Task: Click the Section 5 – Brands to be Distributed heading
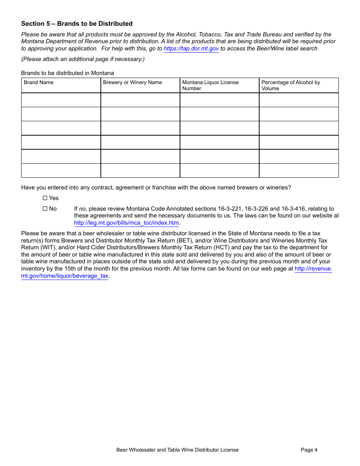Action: [77, 23]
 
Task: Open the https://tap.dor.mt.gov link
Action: [191, 48]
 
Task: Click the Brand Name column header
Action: [39, 83]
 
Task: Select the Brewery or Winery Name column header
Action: [132, 83]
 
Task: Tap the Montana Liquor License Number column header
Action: [210, 85]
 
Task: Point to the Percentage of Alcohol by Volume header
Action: [290, 85]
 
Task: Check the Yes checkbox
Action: [45, 198]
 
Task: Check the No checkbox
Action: [45, 209]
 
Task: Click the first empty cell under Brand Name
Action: [61, 100]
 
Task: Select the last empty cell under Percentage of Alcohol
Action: [299, 170]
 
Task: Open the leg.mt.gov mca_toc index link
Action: [126, 223]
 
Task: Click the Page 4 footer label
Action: [309, 450]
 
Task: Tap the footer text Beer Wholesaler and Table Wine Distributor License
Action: [177, 450]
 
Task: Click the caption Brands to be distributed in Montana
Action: [67, 73]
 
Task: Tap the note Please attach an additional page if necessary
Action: [83, 59]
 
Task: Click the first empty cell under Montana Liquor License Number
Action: [219, 100]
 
